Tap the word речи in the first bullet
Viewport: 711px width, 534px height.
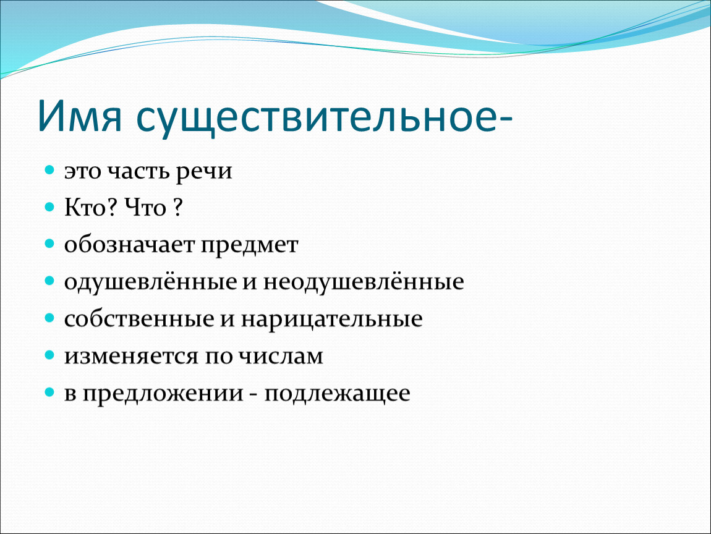tap(204, 172)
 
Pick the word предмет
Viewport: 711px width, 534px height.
tap(249, 246)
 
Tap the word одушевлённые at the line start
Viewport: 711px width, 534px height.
tap(150, 282)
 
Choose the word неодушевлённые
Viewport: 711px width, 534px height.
tap(364, 282)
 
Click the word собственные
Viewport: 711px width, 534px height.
tap(138, 319)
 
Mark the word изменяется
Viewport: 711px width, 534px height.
tap(131, 356)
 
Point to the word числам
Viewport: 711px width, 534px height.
tap(281, 356)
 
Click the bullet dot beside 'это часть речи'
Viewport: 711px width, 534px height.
tap(49, 171)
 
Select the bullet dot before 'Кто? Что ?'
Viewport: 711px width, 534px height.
tap(49, 207)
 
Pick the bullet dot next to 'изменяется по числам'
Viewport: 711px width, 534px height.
tap(49, 355)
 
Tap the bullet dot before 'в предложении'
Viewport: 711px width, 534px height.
tap(49, 392)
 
